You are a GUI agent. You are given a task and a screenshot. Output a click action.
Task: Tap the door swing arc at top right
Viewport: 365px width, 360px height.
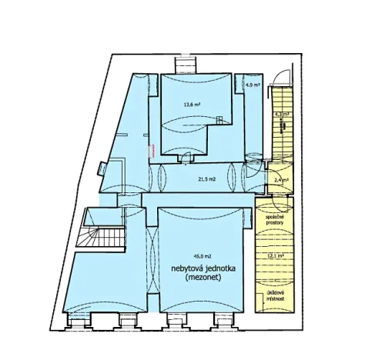click(285, 75)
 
